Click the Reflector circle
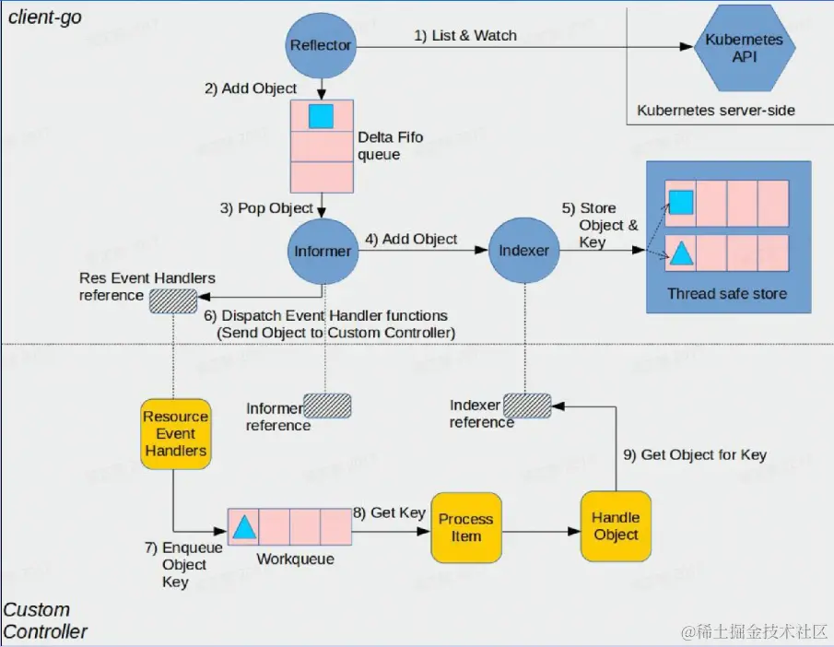pos(321,45)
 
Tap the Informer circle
pos(322,251)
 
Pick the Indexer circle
pos(523,251)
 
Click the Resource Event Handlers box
pos(175,433)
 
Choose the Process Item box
pos(465,527)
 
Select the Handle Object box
pos(616,526)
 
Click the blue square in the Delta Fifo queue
pos(321,116)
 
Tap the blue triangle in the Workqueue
pos(243,527)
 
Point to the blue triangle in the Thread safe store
pos(680,253)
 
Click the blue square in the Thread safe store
pos(680,202)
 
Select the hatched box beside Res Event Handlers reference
pos(173,301)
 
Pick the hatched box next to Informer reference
pos(328,406)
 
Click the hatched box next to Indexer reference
pos(527,406)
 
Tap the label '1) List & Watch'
pos(464,36)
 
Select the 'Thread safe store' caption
pos(727,294)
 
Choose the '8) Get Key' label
pos(388,512)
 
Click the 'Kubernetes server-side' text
pos(715,111)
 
